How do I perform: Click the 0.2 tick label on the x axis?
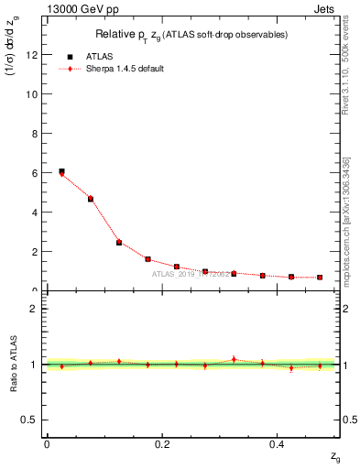click(x=161, y=444)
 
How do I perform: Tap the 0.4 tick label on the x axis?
click(x=276, y=444)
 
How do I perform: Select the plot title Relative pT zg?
click(x=191, y=35)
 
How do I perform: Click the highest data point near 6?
click(x=61, y=171)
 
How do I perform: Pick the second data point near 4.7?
click(x=90, y=199)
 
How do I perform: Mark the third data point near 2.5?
click(x=119, y=243)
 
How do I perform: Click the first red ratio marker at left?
click(x=61, y=365)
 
